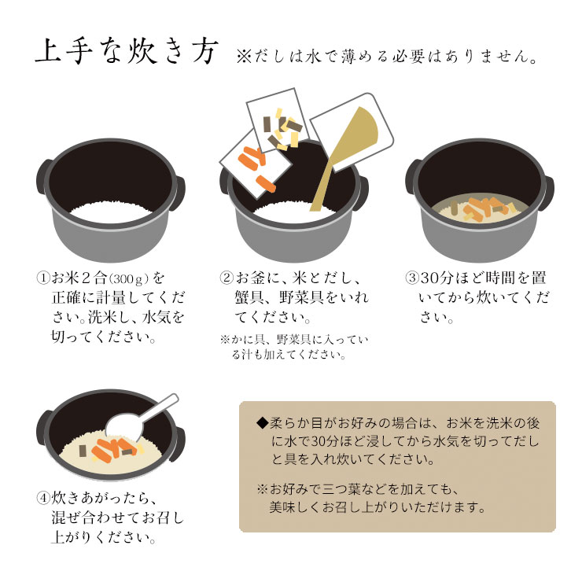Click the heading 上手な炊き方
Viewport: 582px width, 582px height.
[x=126, y=52]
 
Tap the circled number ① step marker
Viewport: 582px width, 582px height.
[x=43, y=278]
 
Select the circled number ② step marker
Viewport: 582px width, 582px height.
[x=227, y=278]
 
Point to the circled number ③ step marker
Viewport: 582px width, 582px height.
[x=411, y=278]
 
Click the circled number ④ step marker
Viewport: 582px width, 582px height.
[x=43, y=498]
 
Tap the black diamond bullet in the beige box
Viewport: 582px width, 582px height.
[x=262, y=422]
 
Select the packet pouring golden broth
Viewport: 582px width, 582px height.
[x=352, y=132]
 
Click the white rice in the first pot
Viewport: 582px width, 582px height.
[x=110, y=212]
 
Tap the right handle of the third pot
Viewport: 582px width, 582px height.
[x=548, y=193]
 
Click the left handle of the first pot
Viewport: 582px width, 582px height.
[x=44, y=176]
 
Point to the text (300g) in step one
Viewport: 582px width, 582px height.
[x=129, y=278]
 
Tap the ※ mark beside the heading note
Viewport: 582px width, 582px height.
[x=244, y=57]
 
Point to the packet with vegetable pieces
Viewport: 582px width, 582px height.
[x=277, y=120]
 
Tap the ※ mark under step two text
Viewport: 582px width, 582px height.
[x=225, y=339]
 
